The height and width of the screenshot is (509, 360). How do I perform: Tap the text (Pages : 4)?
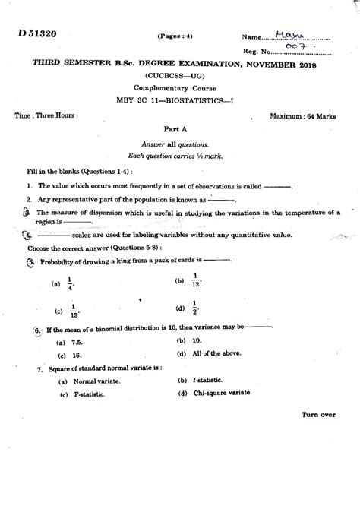[x=175, y=36]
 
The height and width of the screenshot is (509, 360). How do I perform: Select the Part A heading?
[x=181, y=130]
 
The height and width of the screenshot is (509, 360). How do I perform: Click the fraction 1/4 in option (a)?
[x=72, y=282]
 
